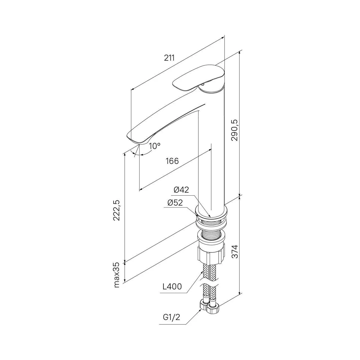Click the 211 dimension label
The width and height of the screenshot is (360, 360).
[x=169, y=58]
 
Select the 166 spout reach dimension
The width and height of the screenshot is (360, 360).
[x=172, y=161]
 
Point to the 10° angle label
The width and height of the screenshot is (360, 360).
[x=155, y=146]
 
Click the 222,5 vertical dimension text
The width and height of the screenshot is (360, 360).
[x=116, y=211]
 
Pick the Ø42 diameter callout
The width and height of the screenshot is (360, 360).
[x=181, y=190]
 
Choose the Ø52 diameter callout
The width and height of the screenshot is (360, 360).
[x=175, y=203]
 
